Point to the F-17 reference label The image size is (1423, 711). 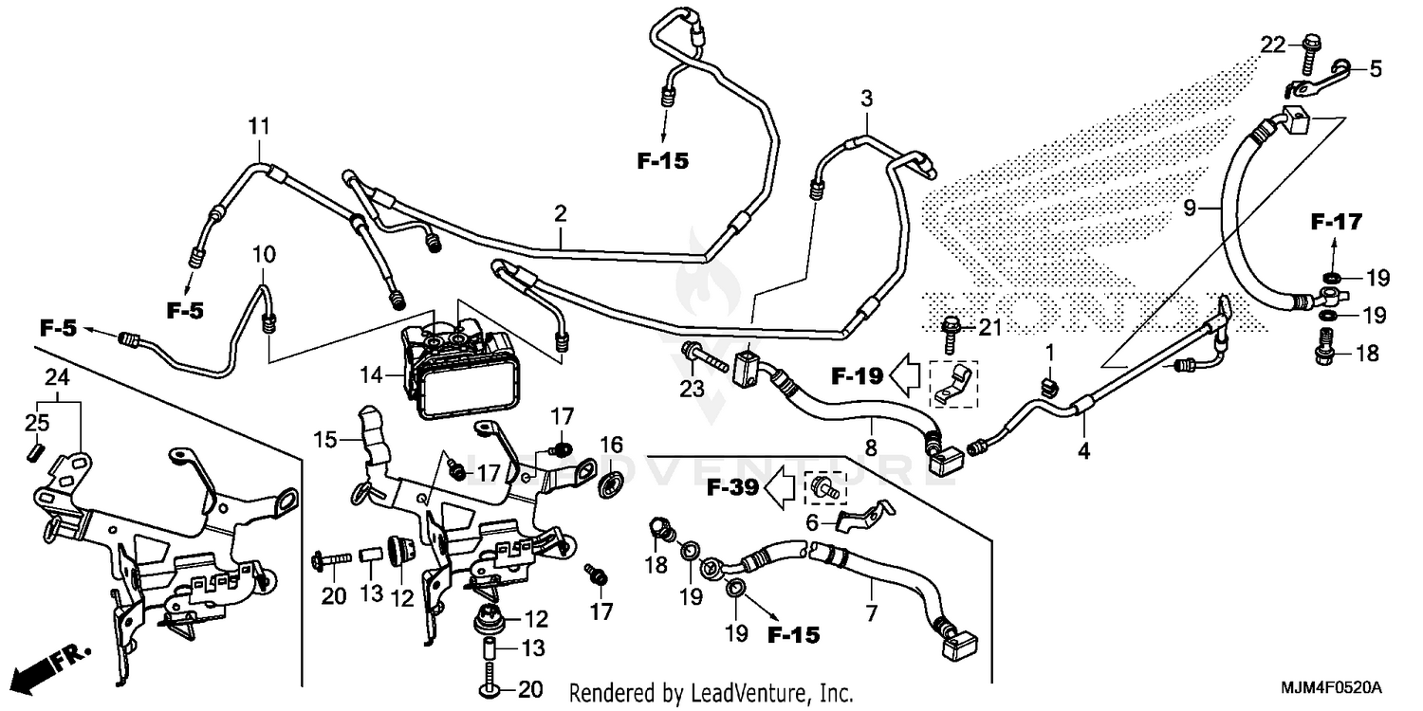[1336, 224]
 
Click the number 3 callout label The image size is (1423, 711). [865, 98]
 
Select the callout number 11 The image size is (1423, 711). [259, 126]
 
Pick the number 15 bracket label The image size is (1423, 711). [326, 441]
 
